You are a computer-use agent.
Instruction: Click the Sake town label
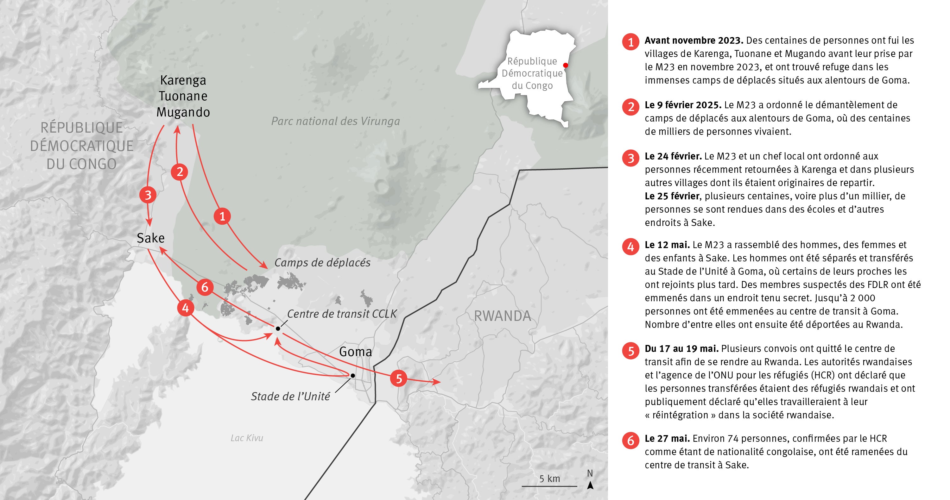150,238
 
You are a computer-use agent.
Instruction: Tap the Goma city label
355,352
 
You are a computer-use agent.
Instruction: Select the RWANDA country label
502,316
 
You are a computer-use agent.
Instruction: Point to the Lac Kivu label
247,438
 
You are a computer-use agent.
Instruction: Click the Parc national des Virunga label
335,121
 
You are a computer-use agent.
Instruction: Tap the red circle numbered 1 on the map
222,216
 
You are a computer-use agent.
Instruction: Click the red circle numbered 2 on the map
180,172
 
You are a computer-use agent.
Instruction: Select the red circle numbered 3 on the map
148,195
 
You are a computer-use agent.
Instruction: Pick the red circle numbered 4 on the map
186,308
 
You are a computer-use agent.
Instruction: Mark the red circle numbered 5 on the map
399,378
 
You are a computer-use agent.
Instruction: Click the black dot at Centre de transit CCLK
278,328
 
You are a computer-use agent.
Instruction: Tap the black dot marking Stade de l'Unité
352,375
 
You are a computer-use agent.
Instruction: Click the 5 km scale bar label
549,478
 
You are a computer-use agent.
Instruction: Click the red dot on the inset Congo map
565,65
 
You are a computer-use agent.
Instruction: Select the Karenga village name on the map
183,80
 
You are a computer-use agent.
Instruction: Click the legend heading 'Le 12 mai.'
667,245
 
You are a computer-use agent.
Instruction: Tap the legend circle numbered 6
630,440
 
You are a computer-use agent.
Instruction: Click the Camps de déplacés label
322,263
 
